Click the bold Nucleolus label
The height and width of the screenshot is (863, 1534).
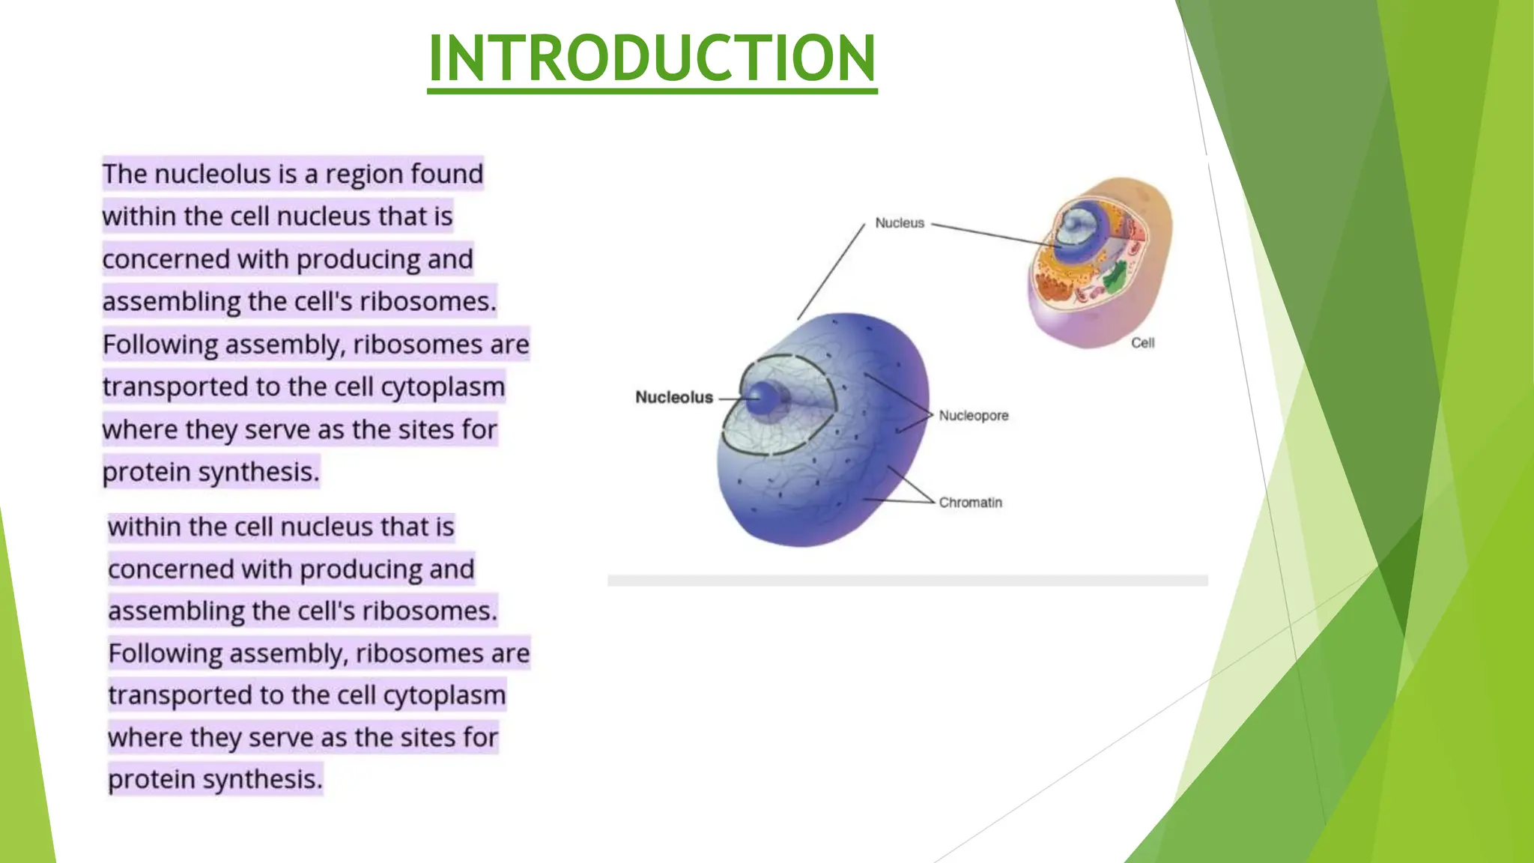(x=673, y=397)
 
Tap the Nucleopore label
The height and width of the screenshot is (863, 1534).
(x=973, y=415)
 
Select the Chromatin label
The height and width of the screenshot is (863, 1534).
(x=970, y=502)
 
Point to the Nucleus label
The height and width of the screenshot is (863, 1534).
(x=900, y=222)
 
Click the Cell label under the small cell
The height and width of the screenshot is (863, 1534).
(x=1142, y=342)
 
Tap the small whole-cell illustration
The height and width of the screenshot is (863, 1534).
(x=1100, y=262)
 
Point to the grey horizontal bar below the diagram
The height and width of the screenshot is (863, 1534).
(x=907, y=581)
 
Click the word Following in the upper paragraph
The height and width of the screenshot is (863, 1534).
(x=160, y=345)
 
